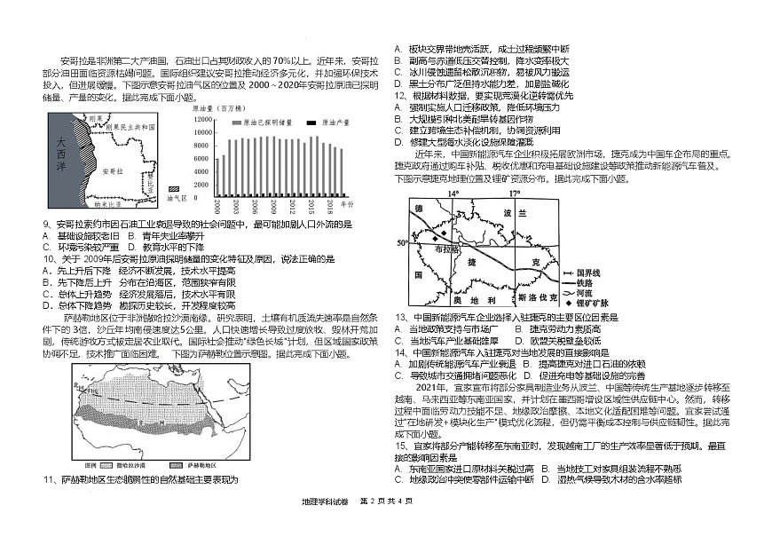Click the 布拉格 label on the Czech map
[442, 251]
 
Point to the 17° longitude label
[514, 193]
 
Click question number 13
[400, 317]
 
